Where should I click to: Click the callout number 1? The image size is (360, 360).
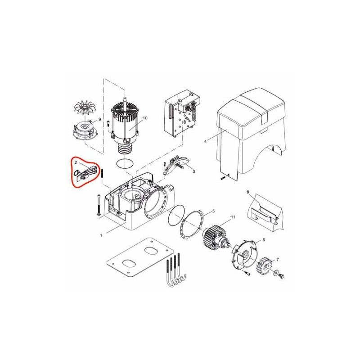coord(101,235)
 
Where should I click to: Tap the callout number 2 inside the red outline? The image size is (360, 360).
coord(76,162)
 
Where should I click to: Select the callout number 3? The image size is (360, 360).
coord(194,171)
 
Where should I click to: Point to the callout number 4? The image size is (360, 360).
coord(205,141)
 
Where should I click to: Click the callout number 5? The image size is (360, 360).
coord(213,211)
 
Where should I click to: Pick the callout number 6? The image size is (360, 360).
coord(264,240)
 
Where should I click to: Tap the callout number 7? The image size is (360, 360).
coord(278,260)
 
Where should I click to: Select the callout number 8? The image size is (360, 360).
coord(248,192)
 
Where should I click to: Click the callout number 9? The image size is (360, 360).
coord(99,119)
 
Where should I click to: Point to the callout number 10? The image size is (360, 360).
coord(145,118)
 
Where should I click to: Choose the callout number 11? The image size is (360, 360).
coord(233,217)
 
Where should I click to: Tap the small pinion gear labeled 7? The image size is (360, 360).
coord(264,266)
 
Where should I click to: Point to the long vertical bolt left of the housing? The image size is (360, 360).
coord(99,205)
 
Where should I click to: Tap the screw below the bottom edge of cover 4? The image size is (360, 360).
coord(222,178)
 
